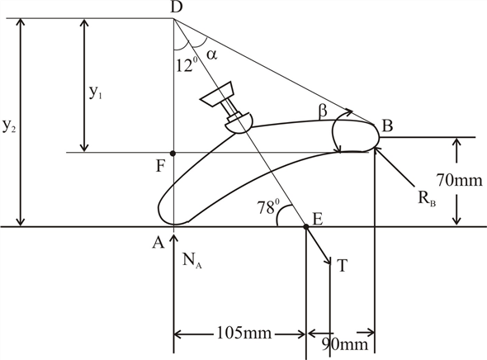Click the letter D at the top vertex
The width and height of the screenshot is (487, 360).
point(177,7)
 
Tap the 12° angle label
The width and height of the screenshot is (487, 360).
point(187,65)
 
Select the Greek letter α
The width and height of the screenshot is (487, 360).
point(212,54)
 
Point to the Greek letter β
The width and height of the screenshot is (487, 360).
point(323,111)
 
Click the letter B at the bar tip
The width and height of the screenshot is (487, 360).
point(388,126)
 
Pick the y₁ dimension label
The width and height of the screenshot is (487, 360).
point(96,92)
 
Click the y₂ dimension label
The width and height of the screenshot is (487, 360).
point(9,126)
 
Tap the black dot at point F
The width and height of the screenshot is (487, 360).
point(173,154)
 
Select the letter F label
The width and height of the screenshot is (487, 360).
point(160,166)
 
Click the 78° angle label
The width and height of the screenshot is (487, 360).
point(268,207)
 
